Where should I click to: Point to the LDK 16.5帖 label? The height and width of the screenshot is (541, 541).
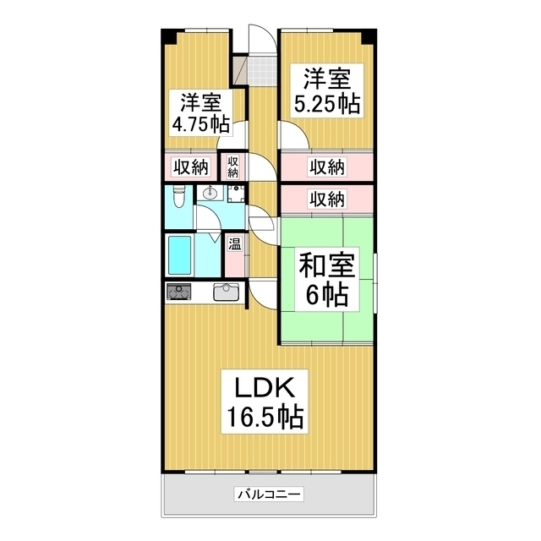tap(263, 402)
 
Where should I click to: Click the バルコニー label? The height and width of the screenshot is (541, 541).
tap(270, 494)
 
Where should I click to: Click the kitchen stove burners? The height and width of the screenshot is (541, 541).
tap(179, 293)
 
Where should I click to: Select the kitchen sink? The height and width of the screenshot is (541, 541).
tap(227, 292)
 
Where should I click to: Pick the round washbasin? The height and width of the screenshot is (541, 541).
tap(210, 194)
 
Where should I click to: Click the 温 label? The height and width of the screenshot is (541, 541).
tap(234, 246)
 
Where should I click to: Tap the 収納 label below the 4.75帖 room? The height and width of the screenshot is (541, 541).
tap(191, 167)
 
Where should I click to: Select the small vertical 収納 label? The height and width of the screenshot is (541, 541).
tap(232, 166)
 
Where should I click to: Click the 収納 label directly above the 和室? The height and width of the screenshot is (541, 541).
tap(326, 199)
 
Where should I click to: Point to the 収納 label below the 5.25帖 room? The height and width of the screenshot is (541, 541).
tap(326, 167)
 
